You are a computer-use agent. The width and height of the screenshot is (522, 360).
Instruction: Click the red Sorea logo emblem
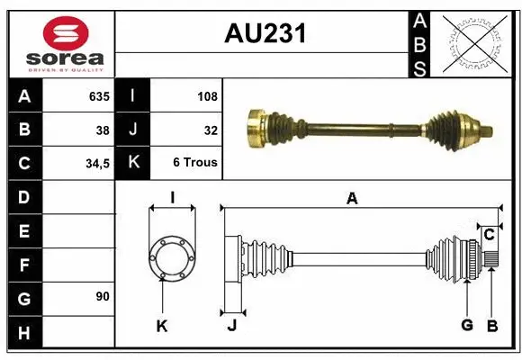coord(66,34)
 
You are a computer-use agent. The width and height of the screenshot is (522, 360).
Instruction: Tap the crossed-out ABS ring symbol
coord(476,41)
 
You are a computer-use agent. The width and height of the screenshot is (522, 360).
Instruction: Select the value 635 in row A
coord(98,95)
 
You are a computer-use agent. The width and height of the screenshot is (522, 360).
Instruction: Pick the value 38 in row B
coord(102,130)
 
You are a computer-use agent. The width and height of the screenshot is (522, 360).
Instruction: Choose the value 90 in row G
coord(102,296)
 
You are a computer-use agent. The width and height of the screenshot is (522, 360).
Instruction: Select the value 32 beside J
coord(211,130)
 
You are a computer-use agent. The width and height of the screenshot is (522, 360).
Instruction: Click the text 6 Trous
coord(195,163)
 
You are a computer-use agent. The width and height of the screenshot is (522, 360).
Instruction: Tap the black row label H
coord(23,333)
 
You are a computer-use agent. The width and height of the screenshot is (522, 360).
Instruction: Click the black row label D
coord(23,196)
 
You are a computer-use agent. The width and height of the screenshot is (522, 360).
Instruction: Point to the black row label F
coord(23,265)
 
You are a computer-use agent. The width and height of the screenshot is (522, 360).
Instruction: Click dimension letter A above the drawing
coord(353,199)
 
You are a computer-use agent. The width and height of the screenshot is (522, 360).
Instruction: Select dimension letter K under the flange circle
coord(162,326)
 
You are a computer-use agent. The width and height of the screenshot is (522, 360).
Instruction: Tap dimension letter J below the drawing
coord(231,326)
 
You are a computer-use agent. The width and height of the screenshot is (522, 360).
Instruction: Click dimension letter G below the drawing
coord(466,326)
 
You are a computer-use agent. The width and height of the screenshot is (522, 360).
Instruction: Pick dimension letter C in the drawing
coord(489,235)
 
